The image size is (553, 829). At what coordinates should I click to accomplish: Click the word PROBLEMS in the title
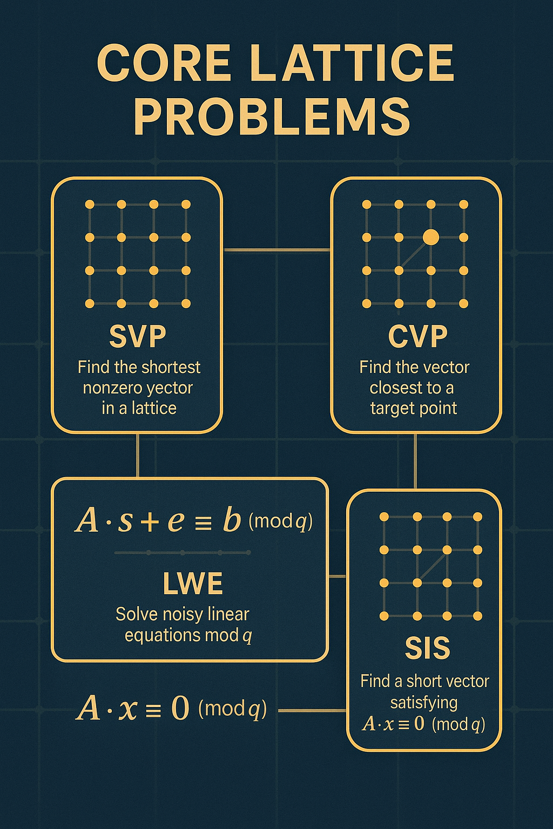272,117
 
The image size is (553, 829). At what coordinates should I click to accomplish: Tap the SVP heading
138,336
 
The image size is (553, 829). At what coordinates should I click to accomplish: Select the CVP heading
417,336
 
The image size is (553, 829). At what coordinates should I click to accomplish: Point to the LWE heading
193,583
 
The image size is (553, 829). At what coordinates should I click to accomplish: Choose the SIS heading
427,648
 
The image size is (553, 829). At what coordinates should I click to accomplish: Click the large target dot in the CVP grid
430,237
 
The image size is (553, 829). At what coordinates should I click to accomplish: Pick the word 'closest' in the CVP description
397,388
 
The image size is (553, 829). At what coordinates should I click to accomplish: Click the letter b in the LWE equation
232,520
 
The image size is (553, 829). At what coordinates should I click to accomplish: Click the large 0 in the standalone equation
180,708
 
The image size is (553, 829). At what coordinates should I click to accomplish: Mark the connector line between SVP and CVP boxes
276,250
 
